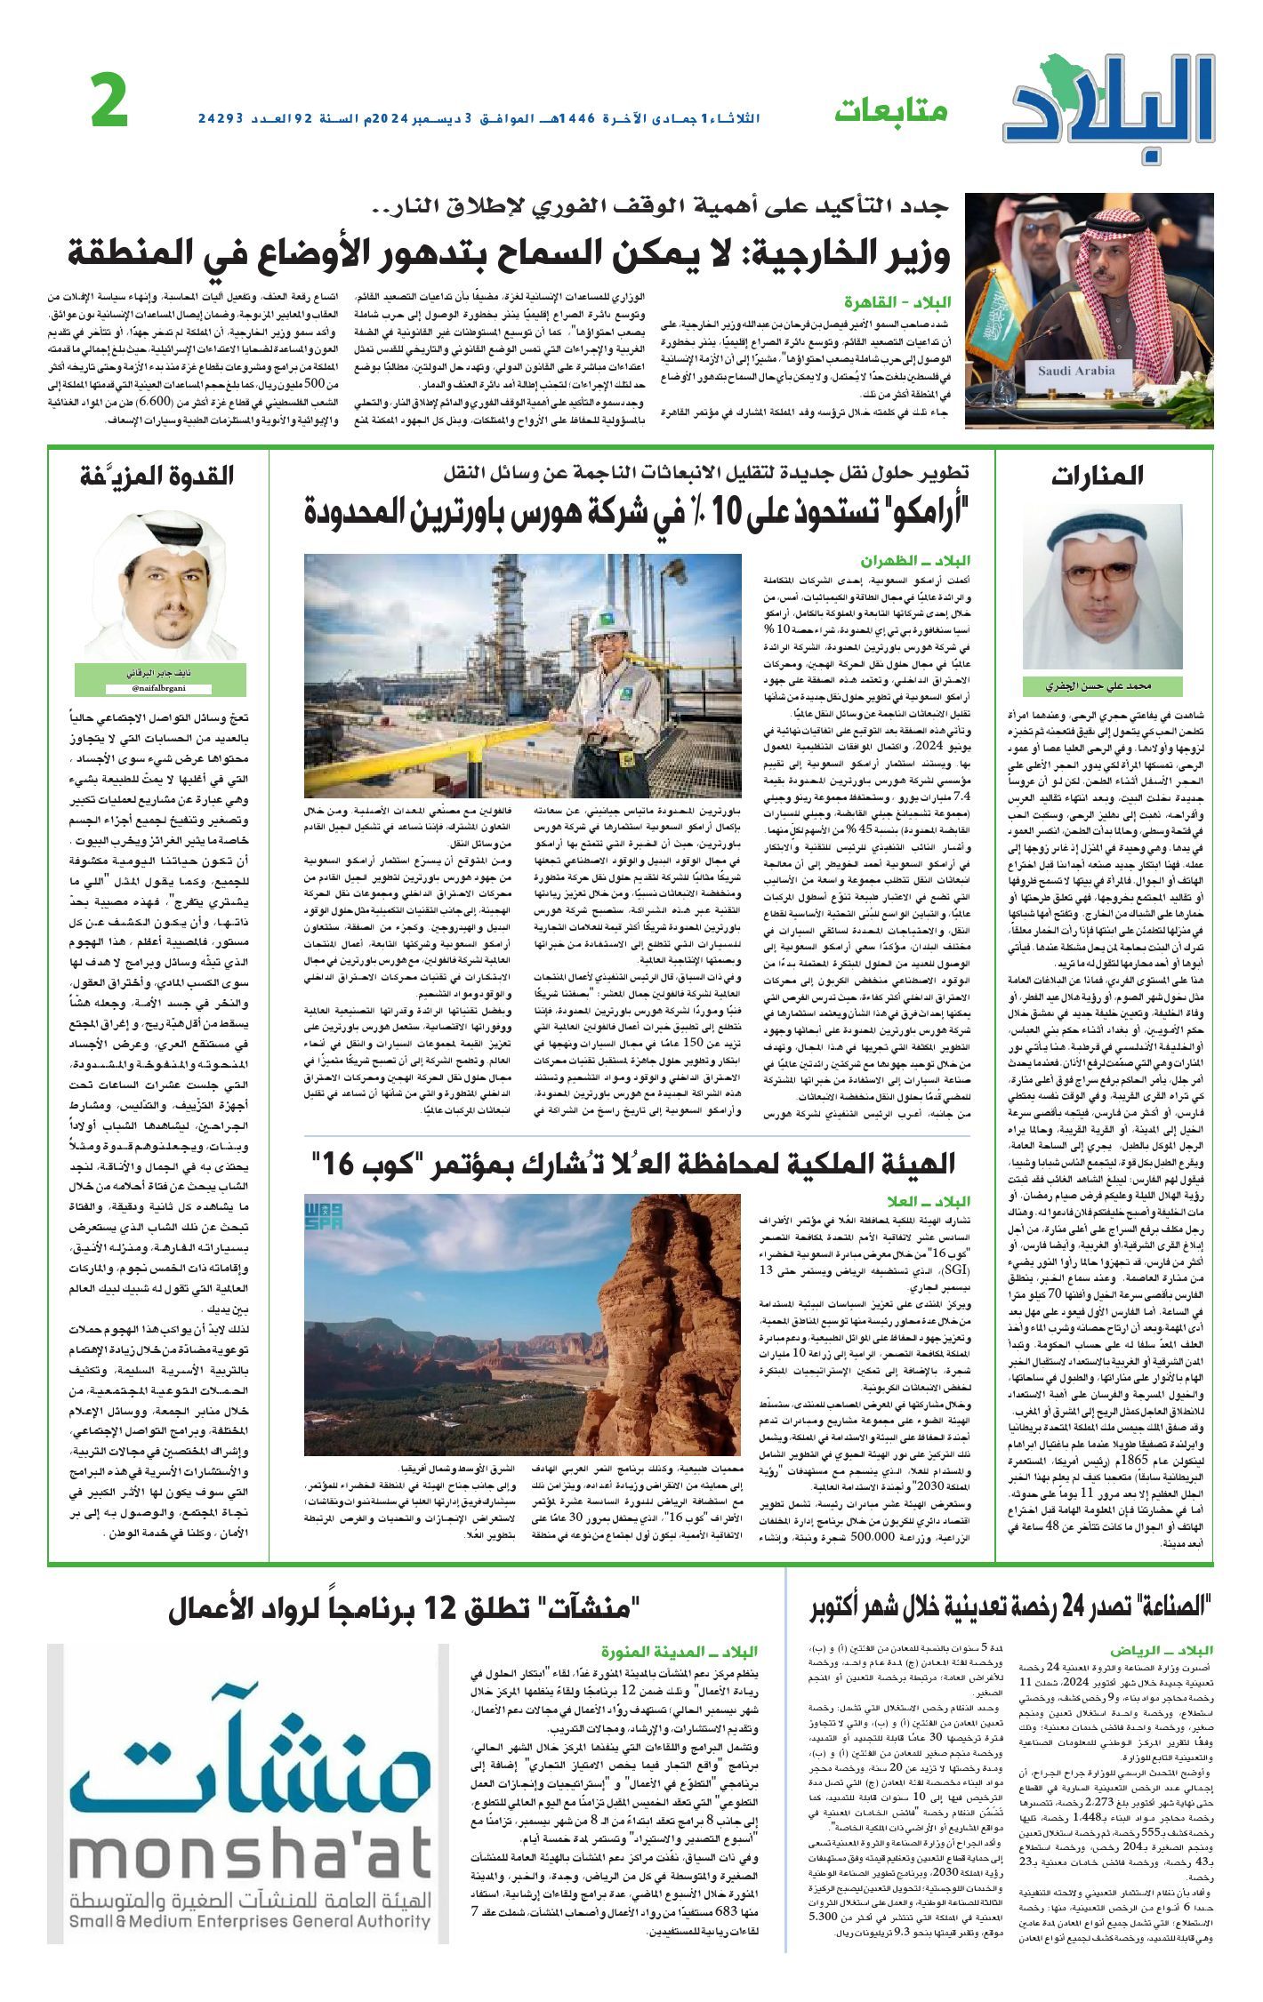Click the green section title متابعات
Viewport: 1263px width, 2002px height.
891,112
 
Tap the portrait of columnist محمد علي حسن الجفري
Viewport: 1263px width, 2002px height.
1102,588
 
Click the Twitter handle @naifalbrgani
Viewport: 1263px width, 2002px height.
158,688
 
